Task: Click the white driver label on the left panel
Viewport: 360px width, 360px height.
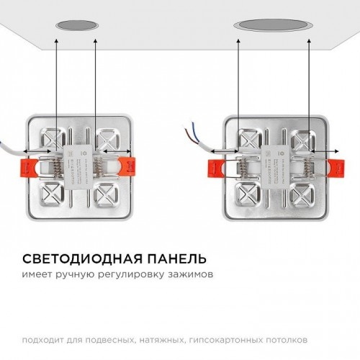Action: click(x=78, y=158)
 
